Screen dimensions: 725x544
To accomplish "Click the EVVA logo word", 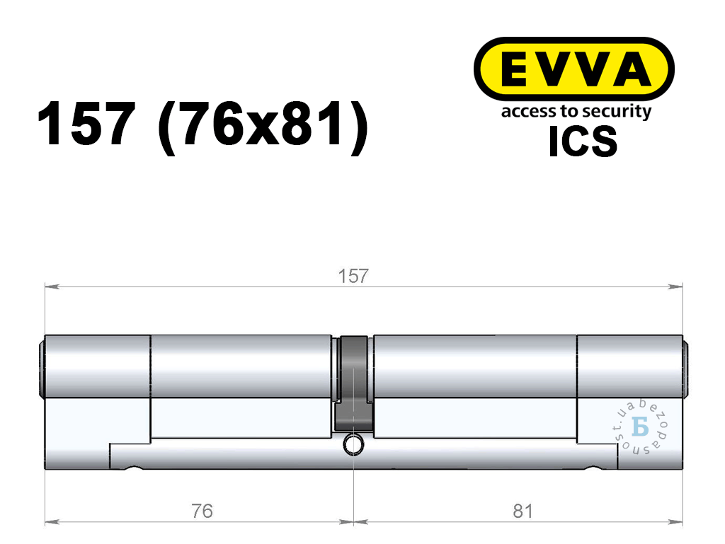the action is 574,69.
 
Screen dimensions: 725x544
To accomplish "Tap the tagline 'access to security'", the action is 576,112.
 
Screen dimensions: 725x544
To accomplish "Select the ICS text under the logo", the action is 583,141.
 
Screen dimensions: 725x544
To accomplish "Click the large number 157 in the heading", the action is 86,125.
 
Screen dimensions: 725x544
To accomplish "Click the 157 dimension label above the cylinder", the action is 353,276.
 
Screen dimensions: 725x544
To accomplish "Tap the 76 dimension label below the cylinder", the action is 202,511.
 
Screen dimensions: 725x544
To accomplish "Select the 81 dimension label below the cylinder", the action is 523,511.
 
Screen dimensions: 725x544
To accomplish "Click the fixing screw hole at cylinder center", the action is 353,445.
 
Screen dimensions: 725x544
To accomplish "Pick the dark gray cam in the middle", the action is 354,384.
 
